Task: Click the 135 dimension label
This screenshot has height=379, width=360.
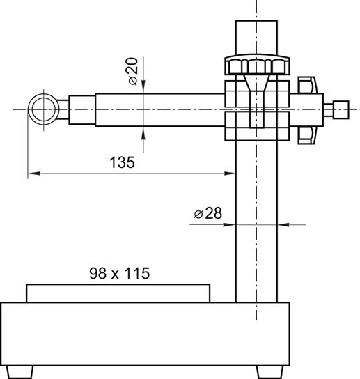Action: (122, 162)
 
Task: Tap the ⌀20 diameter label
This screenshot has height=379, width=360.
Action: (133, 71)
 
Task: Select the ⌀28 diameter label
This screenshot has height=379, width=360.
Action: (208, 213)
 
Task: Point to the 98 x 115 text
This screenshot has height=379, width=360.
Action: (120, 273)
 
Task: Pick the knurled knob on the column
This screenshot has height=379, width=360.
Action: (258, 65)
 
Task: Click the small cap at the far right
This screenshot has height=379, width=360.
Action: (341, 110)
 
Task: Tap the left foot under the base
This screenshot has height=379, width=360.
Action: (19, 373)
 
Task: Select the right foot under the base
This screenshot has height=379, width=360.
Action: (270, 373)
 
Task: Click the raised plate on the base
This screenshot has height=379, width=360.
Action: (118, 293)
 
